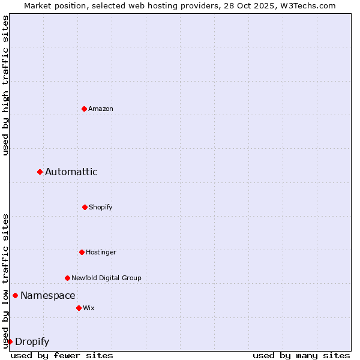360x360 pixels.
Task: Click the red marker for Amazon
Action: pos(84,109)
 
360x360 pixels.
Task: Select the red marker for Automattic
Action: pos(40,172)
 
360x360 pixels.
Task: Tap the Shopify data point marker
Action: pos(85,207)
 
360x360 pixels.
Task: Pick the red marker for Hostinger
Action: pos(82,252)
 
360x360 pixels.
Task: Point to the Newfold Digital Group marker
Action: pos(67,278)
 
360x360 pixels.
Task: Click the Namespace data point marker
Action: pos(15,295)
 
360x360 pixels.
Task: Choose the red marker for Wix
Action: pos(79,308)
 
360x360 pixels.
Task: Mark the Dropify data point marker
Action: pos(10,341)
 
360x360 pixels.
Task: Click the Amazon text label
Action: pos(101,109)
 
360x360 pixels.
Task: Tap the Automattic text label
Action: pos(71,172)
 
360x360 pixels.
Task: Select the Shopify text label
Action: pos(101,207)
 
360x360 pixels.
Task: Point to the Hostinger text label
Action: pos(101,252)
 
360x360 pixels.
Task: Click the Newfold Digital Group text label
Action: pos(107,278)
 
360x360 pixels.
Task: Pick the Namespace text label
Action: pos(48,295)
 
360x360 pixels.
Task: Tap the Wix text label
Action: pos(89,308)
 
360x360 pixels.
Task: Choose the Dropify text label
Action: pos(32,342)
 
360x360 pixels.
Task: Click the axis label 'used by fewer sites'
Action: pos(62,355)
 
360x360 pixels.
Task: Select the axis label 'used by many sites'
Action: pos(301,355)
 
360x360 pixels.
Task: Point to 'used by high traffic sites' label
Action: pos(5,85)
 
